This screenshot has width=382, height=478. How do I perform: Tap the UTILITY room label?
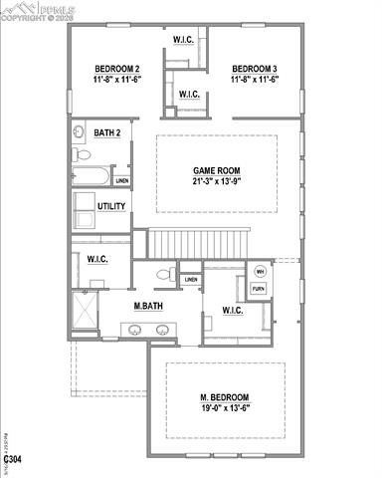(111, 207)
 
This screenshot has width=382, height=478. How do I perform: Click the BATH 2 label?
(107, 132)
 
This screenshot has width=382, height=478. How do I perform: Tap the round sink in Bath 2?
(79, 131)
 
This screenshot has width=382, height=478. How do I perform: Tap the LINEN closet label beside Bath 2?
(121, 181)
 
